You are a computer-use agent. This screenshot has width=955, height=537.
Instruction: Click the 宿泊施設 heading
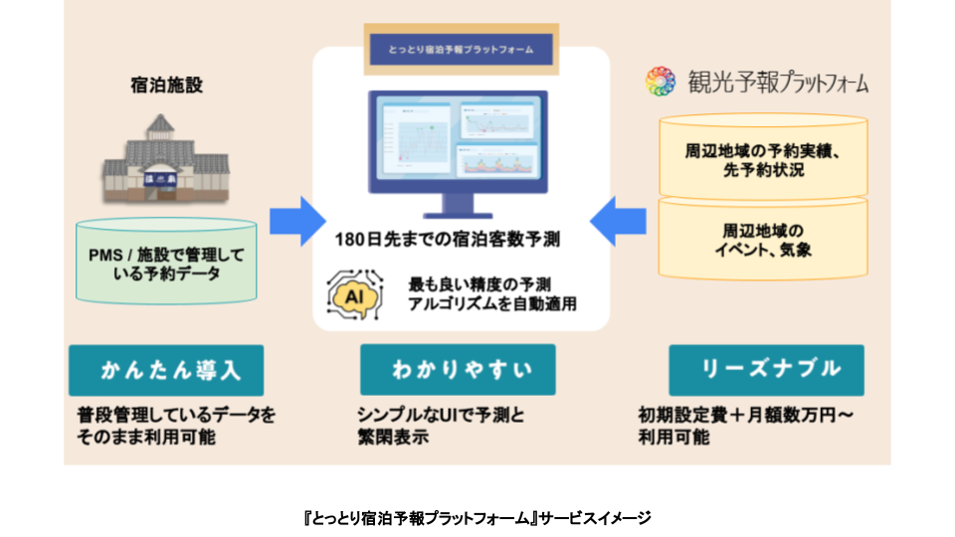pyautogui.click(x=166, y=86)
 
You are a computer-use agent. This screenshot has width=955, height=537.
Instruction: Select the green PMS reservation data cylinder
pyautogui.click(x=166, y=263)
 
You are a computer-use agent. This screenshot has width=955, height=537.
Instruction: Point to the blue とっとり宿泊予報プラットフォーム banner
pyautogui.click(x=460, y=48)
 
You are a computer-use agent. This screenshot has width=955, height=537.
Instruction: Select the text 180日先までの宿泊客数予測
pyautogui.click(x=461, y=240)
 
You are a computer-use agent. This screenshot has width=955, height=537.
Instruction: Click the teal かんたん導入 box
pyautogui.click(x=166, y=370)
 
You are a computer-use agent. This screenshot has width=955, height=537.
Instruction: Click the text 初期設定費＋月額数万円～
pyautogui.click(x=745, y=415)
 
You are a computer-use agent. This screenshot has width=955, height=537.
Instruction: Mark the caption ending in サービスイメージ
pyautogui.click(x=477, y=517)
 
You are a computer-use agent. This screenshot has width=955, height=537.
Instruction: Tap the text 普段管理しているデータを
pyautogui.click(x=176, y=415)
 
